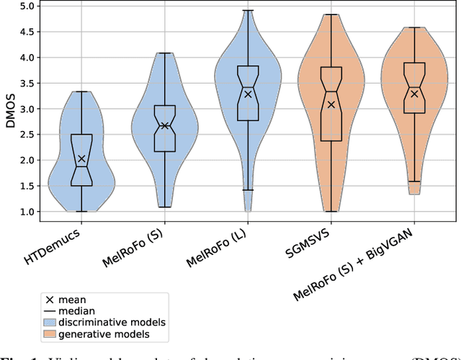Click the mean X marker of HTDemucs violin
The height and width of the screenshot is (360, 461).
point(81,158)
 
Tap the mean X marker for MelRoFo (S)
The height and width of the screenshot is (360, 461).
point(165,126)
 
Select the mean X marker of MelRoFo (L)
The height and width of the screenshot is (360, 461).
point(248,94)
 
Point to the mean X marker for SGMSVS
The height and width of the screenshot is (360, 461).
point(331,104)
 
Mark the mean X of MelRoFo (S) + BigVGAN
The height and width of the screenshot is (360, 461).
point(414,94)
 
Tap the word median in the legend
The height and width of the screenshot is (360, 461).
point(86,310)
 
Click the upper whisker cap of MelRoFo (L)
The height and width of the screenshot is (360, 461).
point(248,10)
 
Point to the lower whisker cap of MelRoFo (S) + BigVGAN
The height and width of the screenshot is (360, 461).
point(414,181)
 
